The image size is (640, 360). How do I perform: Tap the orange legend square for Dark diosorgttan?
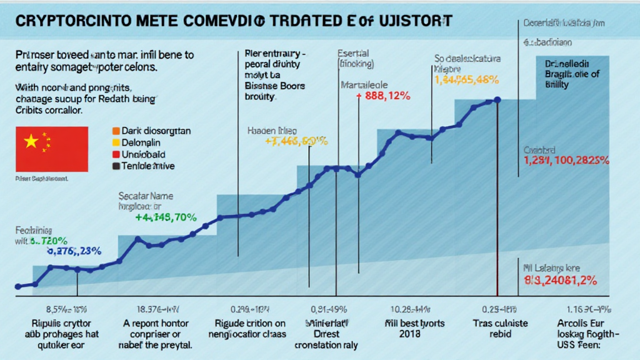click(x=115, y=131)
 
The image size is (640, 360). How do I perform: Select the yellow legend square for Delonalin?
click(x=115, y=143)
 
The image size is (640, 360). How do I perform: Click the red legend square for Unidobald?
click(x=115, y=154)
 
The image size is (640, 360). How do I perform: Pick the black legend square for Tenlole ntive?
click(x=115, y=166)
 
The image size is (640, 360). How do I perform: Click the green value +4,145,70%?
click(x=166, y=218)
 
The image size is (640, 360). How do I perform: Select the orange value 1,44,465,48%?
click(x=466, y=80)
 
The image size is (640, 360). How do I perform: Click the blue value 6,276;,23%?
click(x=74, y=252)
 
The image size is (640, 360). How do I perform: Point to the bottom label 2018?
click(x=406, y=334)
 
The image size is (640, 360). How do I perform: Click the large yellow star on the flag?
click(x=31, y=141)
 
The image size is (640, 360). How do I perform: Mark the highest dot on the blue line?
click(x=497, y=99)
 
